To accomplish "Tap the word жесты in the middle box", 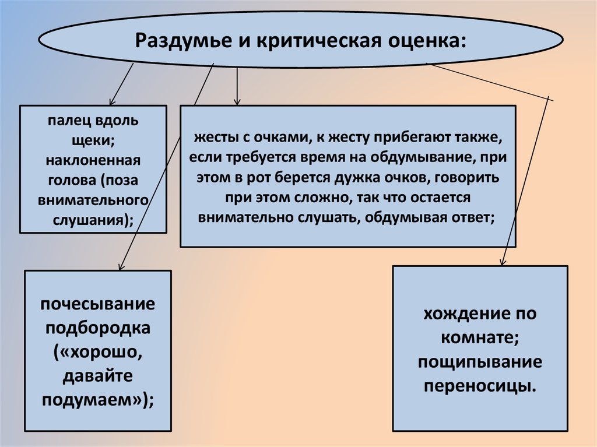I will click(x=211, y=138).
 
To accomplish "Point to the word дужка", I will click(x=392, y=178).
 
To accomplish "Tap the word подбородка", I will click(x=98, y=328).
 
